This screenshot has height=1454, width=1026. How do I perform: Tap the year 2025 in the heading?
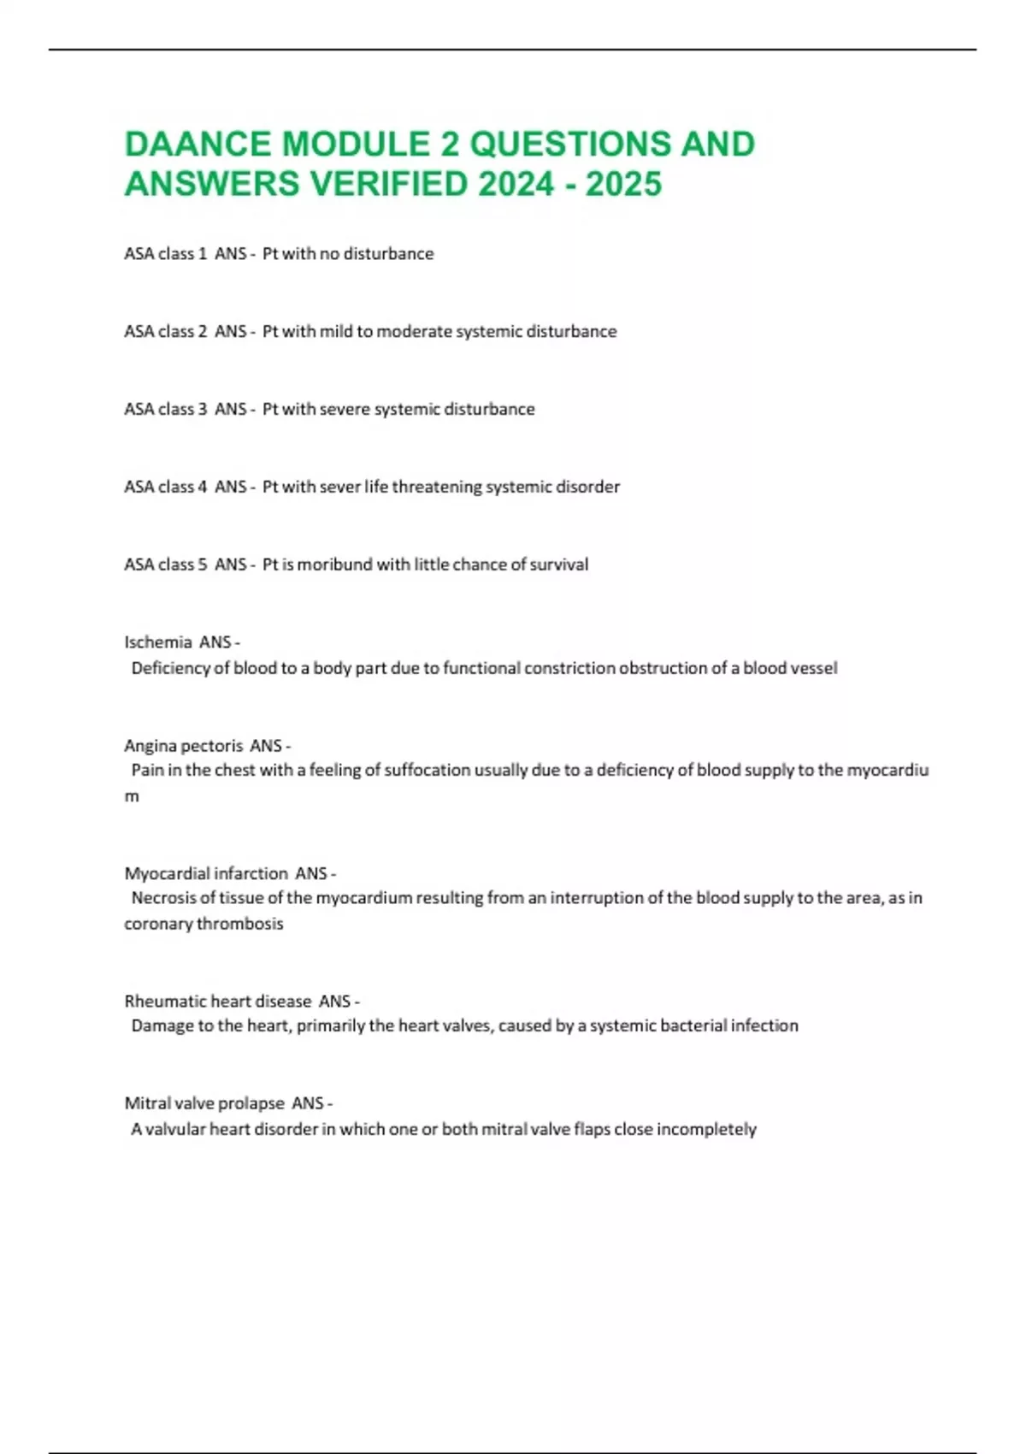[623, 184]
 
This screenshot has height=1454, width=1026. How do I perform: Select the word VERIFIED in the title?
[386, 184]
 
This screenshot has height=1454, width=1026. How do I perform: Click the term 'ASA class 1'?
[166, 254]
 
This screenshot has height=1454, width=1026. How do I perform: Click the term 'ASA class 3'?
[166, 410]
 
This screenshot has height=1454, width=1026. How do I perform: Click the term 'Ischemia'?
[158, 642]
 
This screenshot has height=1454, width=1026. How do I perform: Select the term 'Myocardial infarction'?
[206, 873]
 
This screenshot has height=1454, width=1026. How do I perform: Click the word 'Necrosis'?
[163, 898]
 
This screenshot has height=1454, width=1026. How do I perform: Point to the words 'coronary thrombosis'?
[203, 924]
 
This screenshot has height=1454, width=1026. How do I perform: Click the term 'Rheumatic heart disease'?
[218, 1001]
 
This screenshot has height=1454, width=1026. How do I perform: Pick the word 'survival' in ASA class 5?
[559, 564]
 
